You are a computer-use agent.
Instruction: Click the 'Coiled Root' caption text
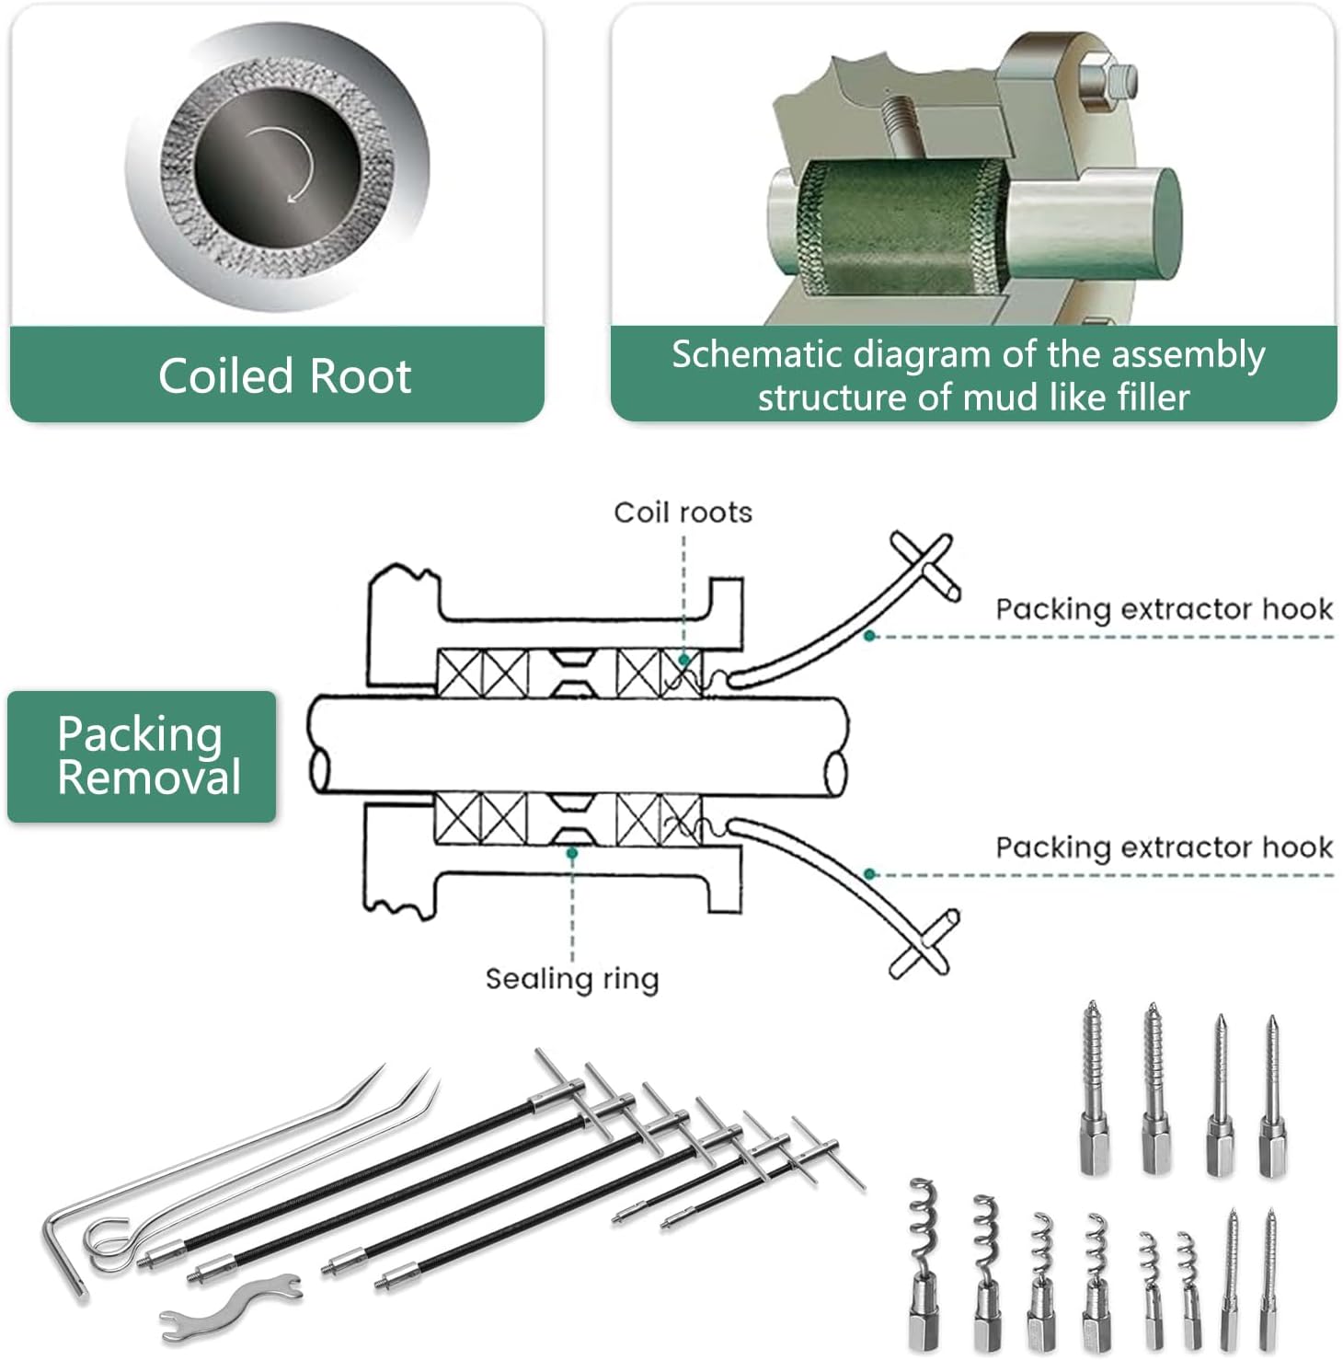(284, 376)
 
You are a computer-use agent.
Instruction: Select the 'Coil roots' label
(683, 513)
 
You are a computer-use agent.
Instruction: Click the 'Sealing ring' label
(571, 978)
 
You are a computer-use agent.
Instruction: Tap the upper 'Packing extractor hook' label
(1164, 609)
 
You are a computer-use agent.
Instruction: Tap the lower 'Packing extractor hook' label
(1164, 847)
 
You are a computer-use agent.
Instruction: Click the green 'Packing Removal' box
(142, 755)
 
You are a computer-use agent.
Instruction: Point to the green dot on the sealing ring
(571, 854)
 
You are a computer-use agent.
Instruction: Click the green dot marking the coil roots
(683, 660)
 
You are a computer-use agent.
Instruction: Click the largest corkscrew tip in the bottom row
(923, 1261)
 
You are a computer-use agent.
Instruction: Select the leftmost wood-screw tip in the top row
(1093, 1086)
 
